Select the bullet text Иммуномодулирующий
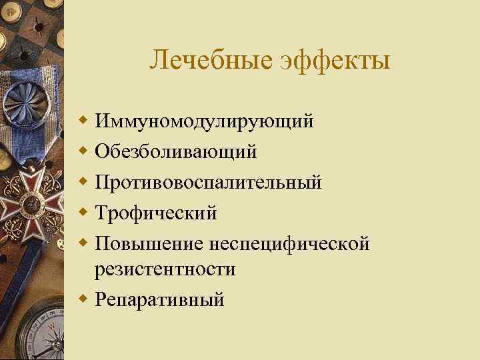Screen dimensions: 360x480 coord(204,122)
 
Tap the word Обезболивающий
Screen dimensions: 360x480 coord(176,152)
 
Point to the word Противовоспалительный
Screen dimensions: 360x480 coord(209,182)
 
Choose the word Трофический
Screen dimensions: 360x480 coord(157,213)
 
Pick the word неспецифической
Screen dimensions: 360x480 coord(289,243)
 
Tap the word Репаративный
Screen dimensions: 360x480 coord(160,300)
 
